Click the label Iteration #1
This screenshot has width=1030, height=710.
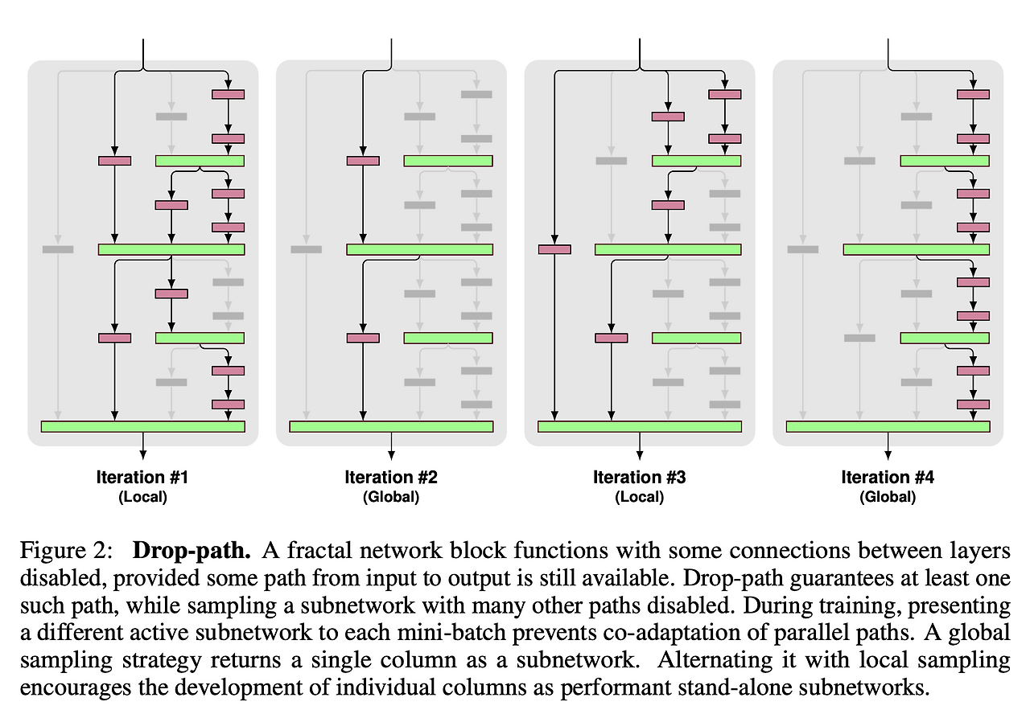click(x=142, y=478)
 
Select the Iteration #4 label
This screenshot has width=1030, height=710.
click(x=888, y=478)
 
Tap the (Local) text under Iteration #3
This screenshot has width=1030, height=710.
click(x=639, y=497)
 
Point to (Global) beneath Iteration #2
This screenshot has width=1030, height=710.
click(x=391, y=497)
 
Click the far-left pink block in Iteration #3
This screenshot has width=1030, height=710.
click(x=554, y=249)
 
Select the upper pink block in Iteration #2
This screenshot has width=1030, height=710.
click(x=363, y=161)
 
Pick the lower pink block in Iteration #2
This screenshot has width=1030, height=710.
click(x=363, y=338)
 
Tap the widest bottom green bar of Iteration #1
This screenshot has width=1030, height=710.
click(x=142, y=426)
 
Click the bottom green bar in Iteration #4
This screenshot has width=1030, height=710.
click(x=888, y=426)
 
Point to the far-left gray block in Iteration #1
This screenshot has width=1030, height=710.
click(x=58, y=249)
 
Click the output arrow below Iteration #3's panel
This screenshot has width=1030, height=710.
click(x=640, y=445)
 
